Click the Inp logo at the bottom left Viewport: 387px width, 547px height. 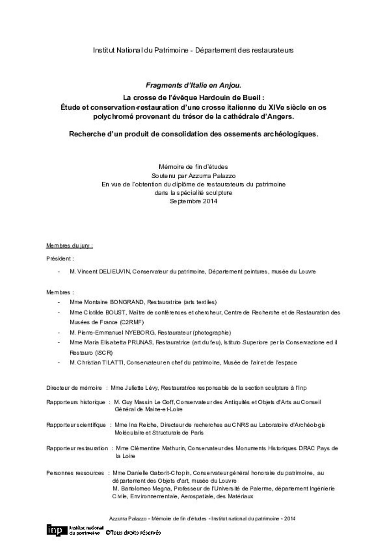pos(56,530)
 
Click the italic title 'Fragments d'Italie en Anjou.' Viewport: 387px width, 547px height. pos(193,85)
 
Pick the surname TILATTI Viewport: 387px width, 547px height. pos(108,362)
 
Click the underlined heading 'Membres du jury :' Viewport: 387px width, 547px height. pos(70,246)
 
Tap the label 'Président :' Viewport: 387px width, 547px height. pos(60,258)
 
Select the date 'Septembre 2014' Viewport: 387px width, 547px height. pos(193,201)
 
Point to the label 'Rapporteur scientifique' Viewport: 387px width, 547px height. pos(76,425)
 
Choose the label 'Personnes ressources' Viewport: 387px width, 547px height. pos(75,473)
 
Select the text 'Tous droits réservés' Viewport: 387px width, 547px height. pos(135,532)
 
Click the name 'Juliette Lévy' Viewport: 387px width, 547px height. pos(141,388)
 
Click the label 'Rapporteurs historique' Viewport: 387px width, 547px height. pos(76,402)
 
